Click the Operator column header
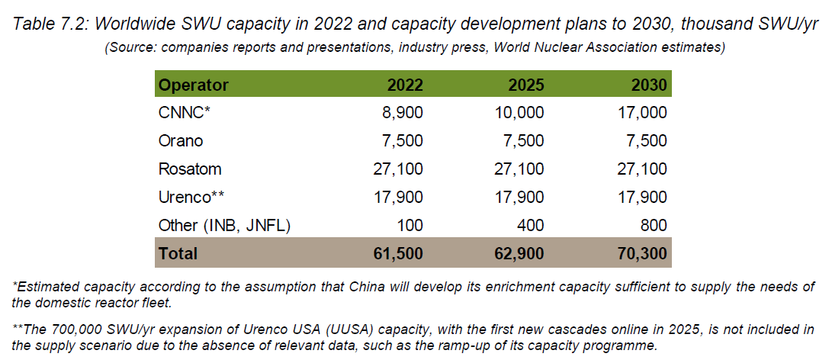194,85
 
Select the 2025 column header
526,85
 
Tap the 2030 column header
649,85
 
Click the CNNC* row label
184,113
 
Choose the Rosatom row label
188,169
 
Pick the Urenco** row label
191,197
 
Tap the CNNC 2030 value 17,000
643,113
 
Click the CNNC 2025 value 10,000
521,113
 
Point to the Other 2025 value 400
531,225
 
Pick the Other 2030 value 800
654,225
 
